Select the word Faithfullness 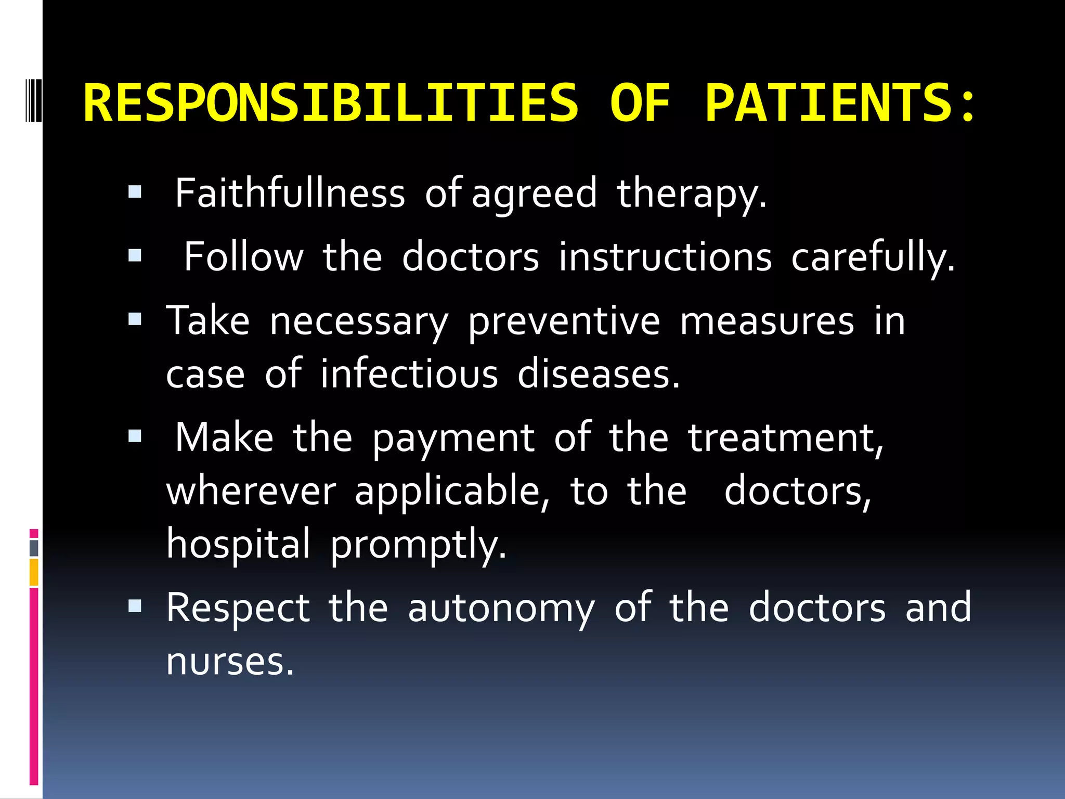click(290, 194)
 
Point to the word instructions click(665, 257)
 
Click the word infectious click(409, 374)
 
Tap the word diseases click(598, 374)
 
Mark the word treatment click(785, 438)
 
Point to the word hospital click(238, 544)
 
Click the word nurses click(230, 662)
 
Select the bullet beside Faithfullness click(135, 192)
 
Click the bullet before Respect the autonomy click(135, 606)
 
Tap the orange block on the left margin click(34, 572)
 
